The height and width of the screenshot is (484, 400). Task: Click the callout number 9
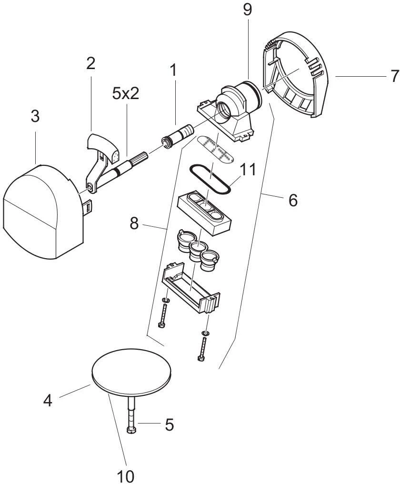click(x=247, y=10)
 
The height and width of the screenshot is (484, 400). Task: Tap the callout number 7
click(x=393, y=76)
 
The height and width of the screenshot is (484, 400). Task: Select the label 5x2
click(x=126, y=93)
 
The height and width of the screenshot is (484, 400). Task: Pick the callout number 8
click(x=134, y=223)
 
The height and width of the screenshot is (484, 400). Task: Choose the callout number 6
click(x=293, y=200)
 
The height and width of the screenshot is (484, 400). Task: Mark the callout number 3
click(x=36, y=116)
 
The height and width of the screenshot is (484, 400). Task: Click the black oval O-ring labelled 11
click(x=210, y=180)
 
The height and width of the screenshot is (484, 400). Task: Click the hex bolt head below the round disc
click(x=131, y=431)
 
